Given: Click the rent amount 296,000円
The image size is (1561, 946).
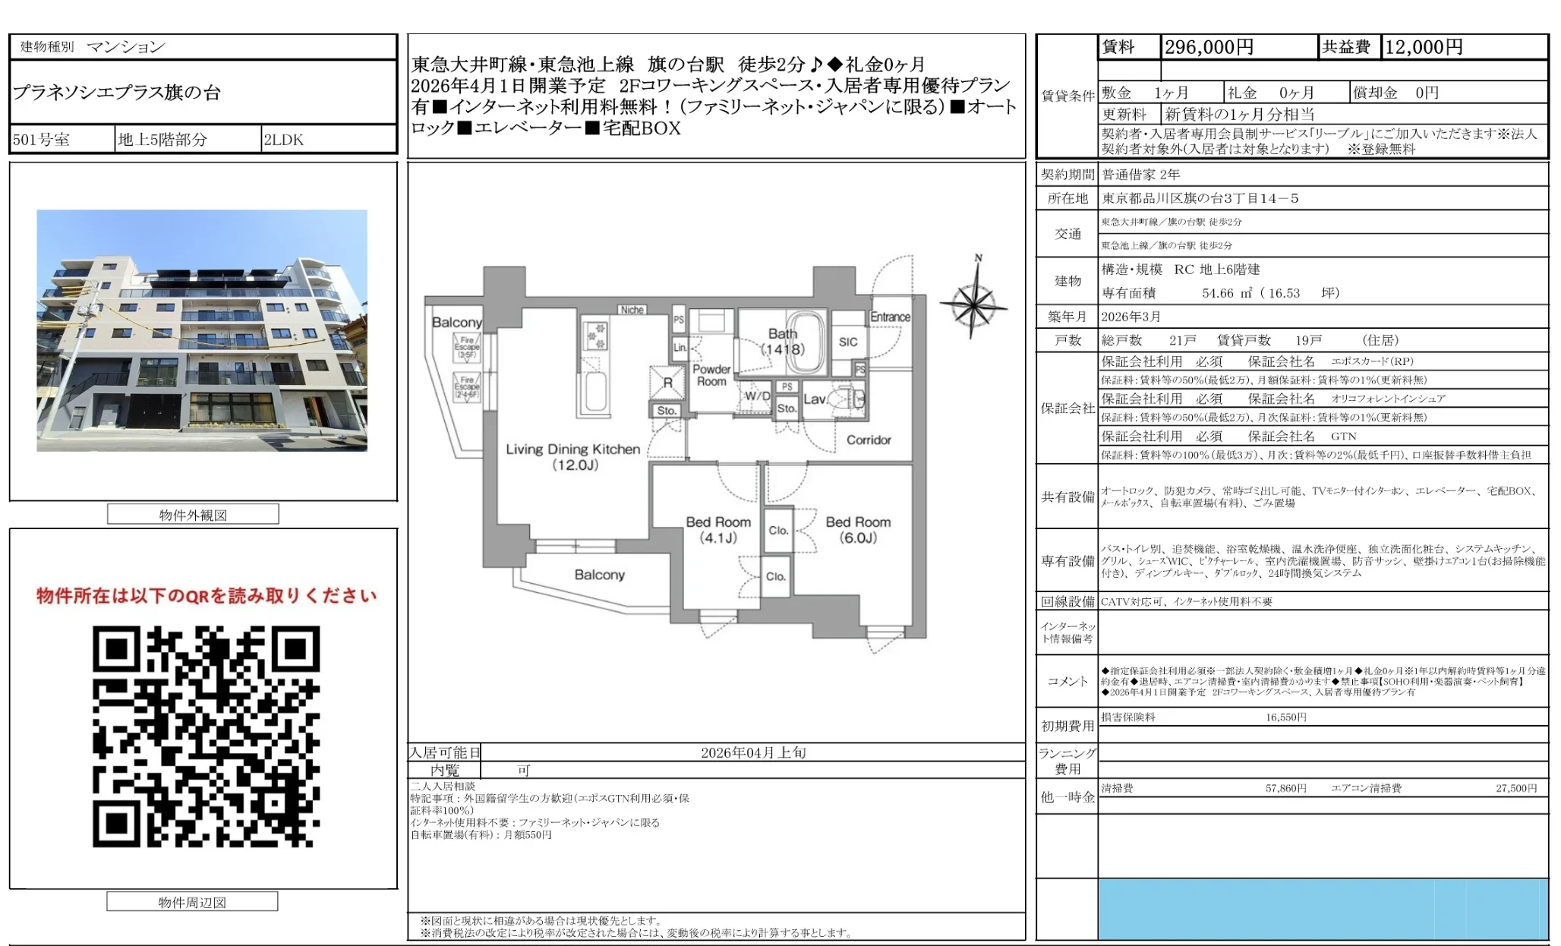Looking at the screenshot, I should coord(1209,47).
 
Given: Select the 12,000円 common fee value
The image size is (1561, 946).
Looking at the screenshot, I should coord(1424,47).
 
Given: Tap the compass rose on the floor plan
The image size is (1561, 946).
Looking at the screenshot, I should coord(973,305).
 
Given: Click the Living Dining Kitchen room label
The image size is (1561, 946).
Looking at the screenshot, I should coord(573,456).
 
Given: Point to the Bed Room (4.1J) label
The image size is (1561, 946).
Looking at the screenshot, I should coord(717,530).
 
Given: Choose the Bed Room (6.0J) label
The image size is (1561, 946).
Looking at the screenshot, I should coord(858,530).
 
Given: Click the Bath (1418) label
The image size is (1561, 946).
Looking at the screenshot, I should coord(783,342).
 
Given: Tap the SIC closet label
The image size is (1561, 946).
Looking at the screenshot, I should coord(848,342).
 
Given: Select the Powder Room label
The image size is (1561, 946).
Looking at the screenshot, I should coord(711,375).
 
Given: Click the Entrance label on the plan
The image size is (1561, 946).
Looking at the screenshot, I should coord(890,317).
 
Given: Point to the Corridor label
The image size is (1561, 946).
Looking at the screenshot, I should coord(869,440).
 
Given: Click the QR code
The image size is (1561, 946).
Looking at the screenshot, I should coord(206,736).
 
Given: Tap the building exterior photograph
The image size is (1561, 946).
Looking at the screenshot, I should coord(202,330).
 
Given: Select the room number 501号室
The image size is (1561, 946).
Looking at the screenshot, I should coord(41,140).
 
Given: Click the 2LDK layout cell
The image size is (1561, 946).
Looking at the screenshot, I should coord(283,140).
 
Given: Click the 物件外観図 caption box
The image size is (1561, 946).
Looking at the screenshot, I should coord(193,515).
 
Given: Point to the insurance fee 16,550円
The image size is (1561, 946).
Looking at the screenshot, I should coord(1285,717).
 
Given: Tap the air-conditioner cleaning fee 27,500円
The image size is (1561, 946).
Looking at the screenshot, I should coord(1515,789).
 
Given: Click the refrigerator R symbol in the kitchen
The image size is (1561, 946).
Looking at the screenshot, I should coord(667,383).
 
